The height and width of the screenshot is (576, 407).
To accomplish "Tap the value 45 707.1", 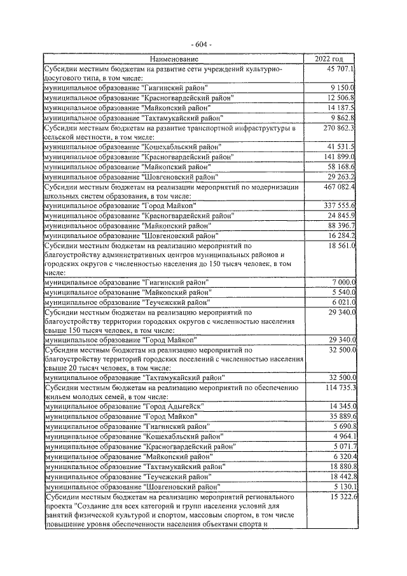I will (x=340, y=68).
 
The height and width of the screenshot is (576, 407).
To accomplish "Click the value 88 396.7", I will (x=340, y=225).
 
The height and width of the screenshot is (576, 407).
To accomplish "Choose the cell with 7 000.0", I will (x=342, y=282).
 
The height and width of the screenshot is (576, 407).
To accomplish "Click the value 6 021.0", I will (x=342, y=302).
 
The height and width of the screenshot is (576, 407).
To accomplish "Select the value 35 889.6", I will (x=340, y=416).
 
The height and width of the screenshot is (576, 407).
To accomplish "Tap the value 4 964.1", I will (x=342, y=435).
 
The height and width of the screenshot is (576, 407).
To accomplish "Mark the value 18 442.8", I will (x=340, y=475).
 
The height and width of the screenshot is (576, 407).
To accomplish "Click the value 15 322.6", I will (x=340, y=496).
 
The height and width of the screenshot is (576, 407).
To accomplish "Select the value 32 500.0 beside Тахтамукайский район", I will (x=340, y=377).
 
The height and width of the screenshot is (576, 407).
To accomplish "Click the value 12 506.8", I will (x=340, y=97).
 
